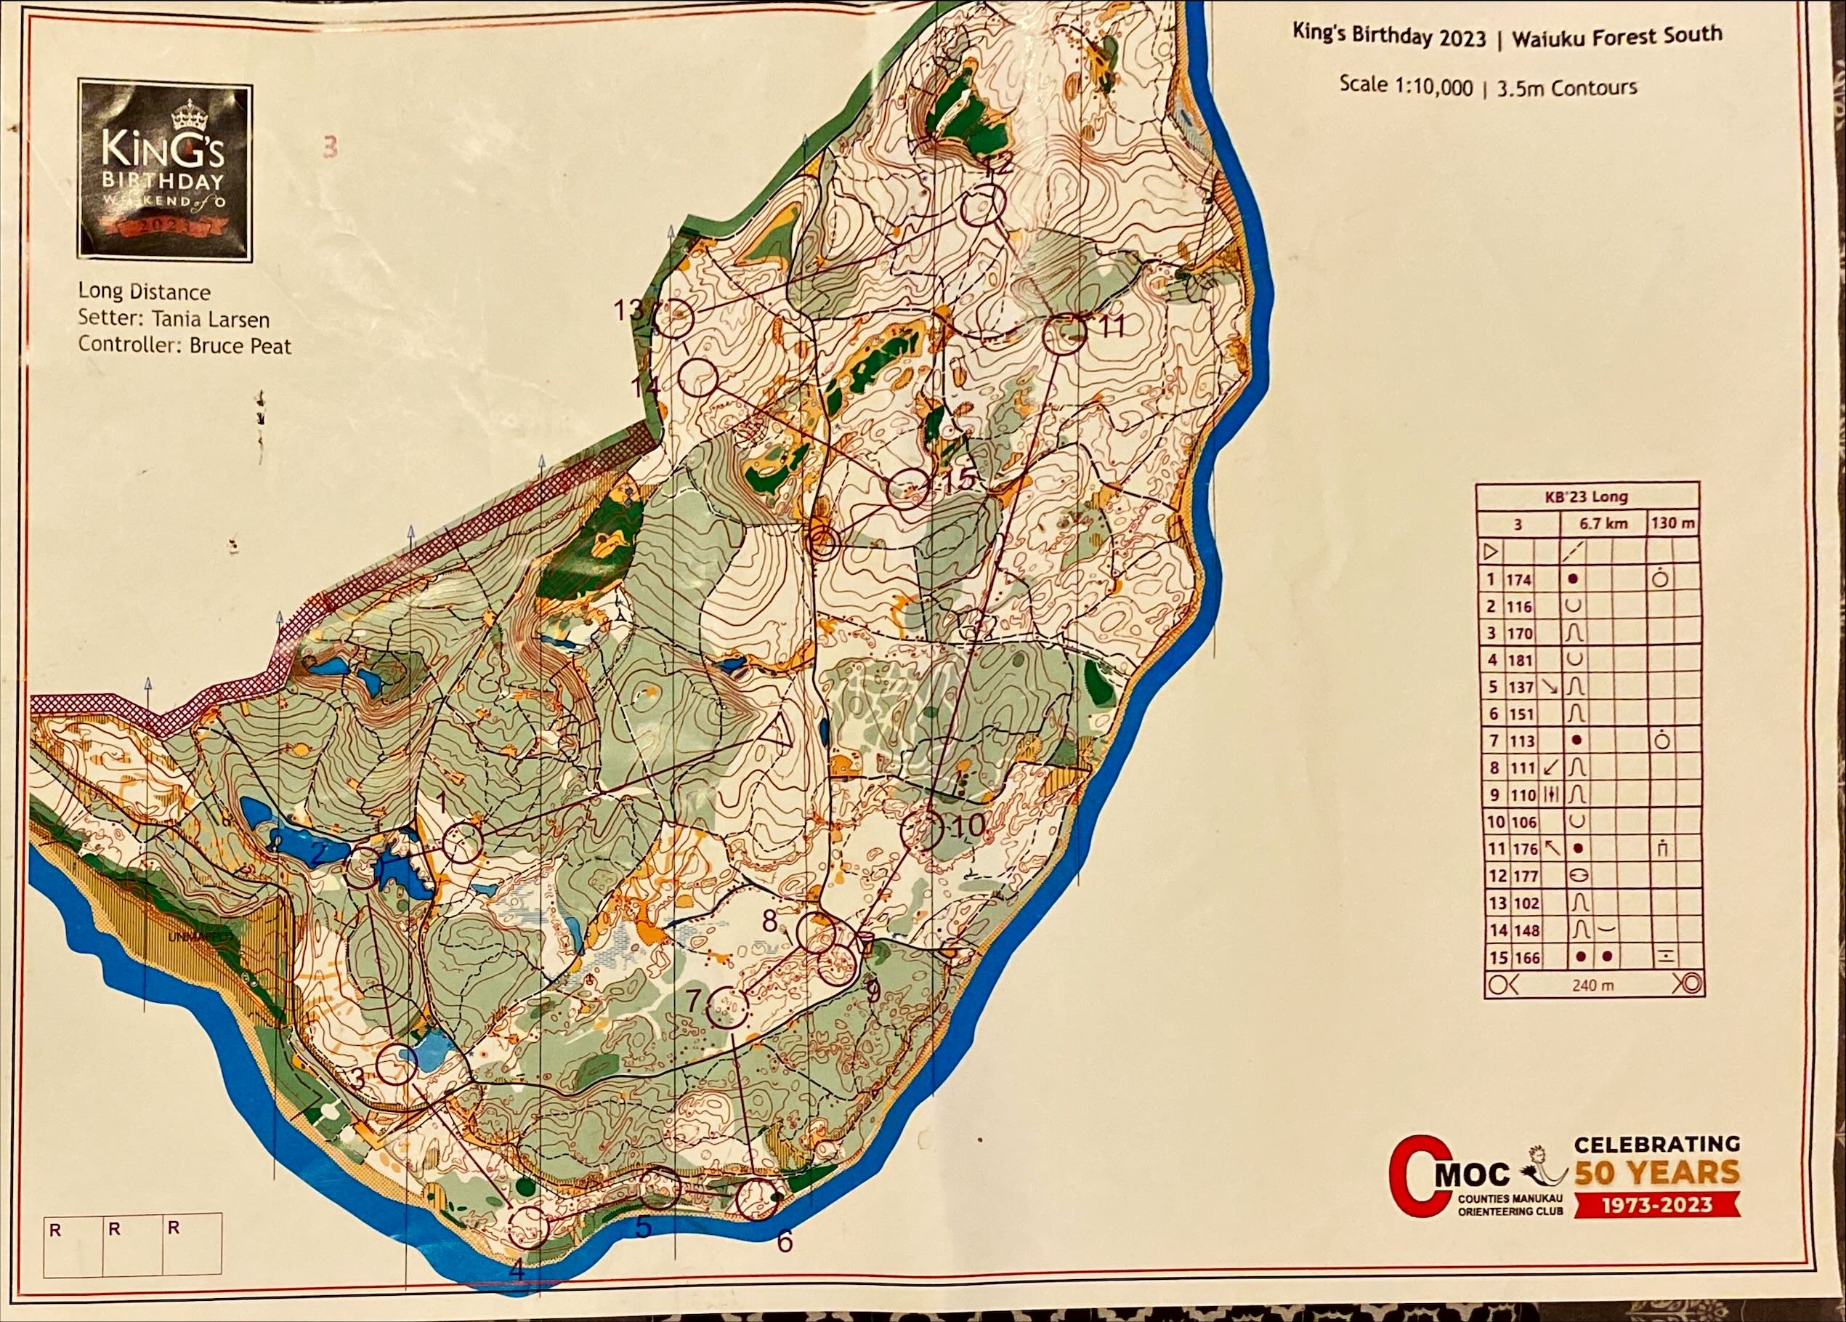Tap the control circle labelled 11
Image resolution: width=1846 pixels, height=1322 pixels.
point(1064,334)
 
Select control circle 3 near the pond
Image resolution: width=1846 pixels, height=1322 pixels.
point(397,1064)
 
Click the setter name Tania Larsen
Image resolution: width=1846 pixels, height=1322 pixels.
point(216,319)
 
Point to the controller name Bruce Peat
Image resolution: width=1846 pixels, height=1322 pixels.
point(239,345)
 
